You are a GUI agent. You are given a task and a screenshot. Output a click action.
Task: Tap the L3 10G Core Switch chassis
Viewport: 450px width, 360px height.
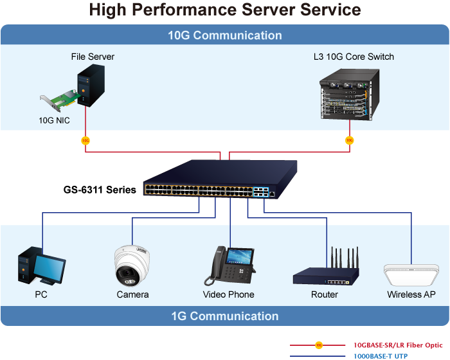[345, 94]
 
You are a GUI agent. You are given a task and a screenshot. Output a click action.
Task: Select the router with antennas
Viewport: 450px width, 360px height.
[324, 270]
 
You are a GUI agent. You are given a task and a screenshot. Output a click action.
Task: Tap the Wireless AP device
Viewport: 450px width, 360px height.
[411, 276]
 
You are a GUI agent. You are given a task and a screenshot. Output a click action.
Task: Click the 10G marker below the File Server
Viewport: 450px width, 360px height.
[85, 140]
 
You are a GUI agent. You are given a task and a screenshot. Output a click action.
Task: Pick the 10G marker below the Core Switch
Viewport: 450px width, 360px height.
[349, 140]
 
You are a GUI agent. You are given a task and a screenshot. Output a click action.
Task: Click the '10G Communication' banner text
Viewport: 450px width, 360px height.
[225, 35]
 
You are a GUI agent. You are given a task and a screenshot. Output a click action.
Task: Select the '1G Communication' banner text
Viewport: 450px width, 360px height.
[225, 316]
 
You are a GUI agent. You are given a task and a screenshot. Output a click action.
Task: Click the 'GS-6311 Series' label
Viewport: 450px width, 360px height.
[100, 190]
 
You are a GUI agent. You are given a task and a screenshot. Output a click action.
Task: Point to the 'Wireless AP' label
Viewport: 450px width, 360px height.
[411, 294]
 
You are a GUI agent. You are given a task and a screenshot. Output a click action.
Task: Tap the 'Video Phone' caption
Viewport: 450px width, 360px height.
[228, 294]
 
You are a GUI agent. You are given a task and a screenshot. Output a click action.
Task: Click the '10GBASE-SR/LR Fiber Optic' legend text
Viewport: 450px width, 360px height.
[398, 345]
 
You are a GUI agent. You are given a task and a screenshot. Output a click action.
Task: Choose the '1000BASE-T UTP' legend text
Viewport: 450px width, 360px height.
[381, 355]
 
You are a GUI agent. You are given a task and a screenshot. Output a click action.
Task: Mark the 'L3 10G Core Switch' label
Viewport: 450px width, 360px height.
[354, 57]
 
